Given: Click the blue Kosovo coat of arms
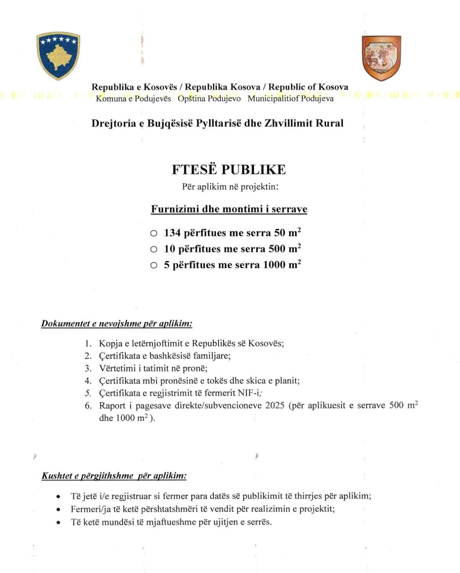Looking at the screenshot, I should coord(58,56).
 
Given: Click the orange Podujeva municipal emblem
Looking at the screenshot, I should coord(381,57).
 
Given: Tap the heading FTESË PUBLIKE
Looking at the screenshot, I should coord(229,169).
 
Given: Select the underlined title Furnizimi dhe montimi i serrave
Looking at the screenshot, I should coord(229,209).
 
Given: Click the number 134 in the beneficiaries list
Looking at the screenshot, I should coord(172,233).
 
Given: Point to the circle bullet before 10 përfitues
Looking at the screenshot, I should coord(153,249).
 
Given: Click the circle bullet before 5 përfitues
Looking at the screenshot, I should coord(153,265).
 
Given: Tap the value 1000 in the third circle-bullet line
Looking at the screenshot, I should coord(274,265).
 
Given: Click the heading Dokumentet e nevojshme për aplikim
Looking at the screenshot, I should coord(116,324).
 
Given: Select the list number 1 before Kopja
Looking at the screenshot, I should coord(88,343).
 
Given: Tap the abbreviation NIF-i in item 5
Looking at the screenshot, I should coord(249,393).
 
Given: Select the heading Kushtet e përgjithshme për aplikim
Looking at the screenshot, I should coord(114,476).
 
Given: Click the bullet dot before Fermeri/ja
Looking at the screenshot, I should coord(59,510).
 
